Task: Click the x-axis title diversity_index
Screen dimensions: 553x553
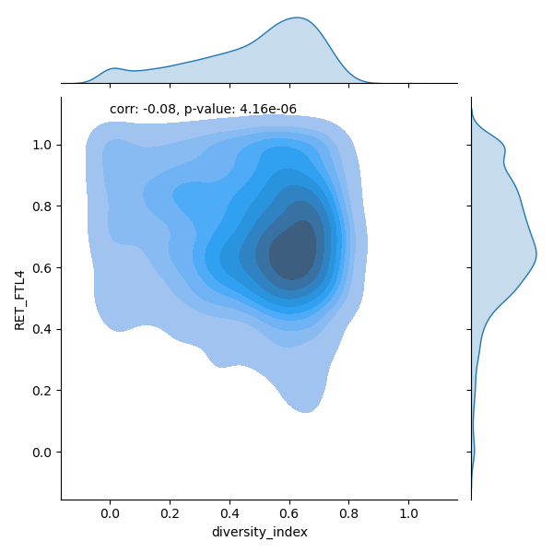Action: [x=259, y=533]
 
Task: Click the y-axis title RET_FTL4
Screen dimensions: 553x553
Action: [x=19, y=298]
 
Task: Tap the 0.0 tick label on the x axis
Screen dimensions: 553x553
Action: [x=110, y=512]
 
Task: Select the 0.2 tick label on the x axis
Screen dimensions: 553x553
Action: [x=170, y=512]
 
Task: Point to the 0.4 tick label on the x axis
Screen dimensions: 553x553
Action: [x=229, y=512]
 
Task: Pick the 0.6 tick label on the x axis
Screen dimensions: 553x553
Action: [x=289, y=512]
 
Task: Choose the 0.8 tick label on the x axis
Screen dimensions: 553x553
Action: [x=349, y=512]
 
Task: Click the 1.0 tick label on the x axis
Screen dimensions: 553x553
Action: [x=409, y=512]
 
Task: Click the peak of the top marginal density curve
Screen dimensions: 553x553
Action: [x=297, y=18]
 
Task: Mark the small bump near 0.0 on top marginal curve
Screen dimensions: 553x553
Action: [x=113, y=68]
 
